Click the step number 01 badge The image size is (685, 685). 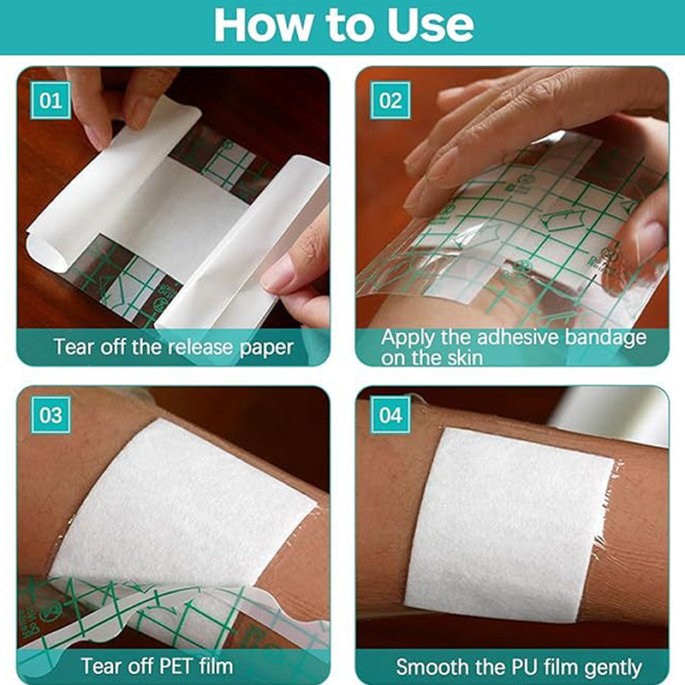(51, 100)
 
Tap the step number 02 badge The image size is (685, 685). (390, 100)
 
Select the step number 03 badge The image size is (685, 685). (51, 414)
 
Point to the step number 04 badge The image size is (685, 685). (390, 414)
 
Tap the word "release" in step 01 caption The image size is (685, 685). (200, 348)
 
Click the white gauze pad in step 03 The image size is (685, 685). (182, 503)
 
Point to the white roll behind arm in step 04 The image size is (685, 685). (610, 414)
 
